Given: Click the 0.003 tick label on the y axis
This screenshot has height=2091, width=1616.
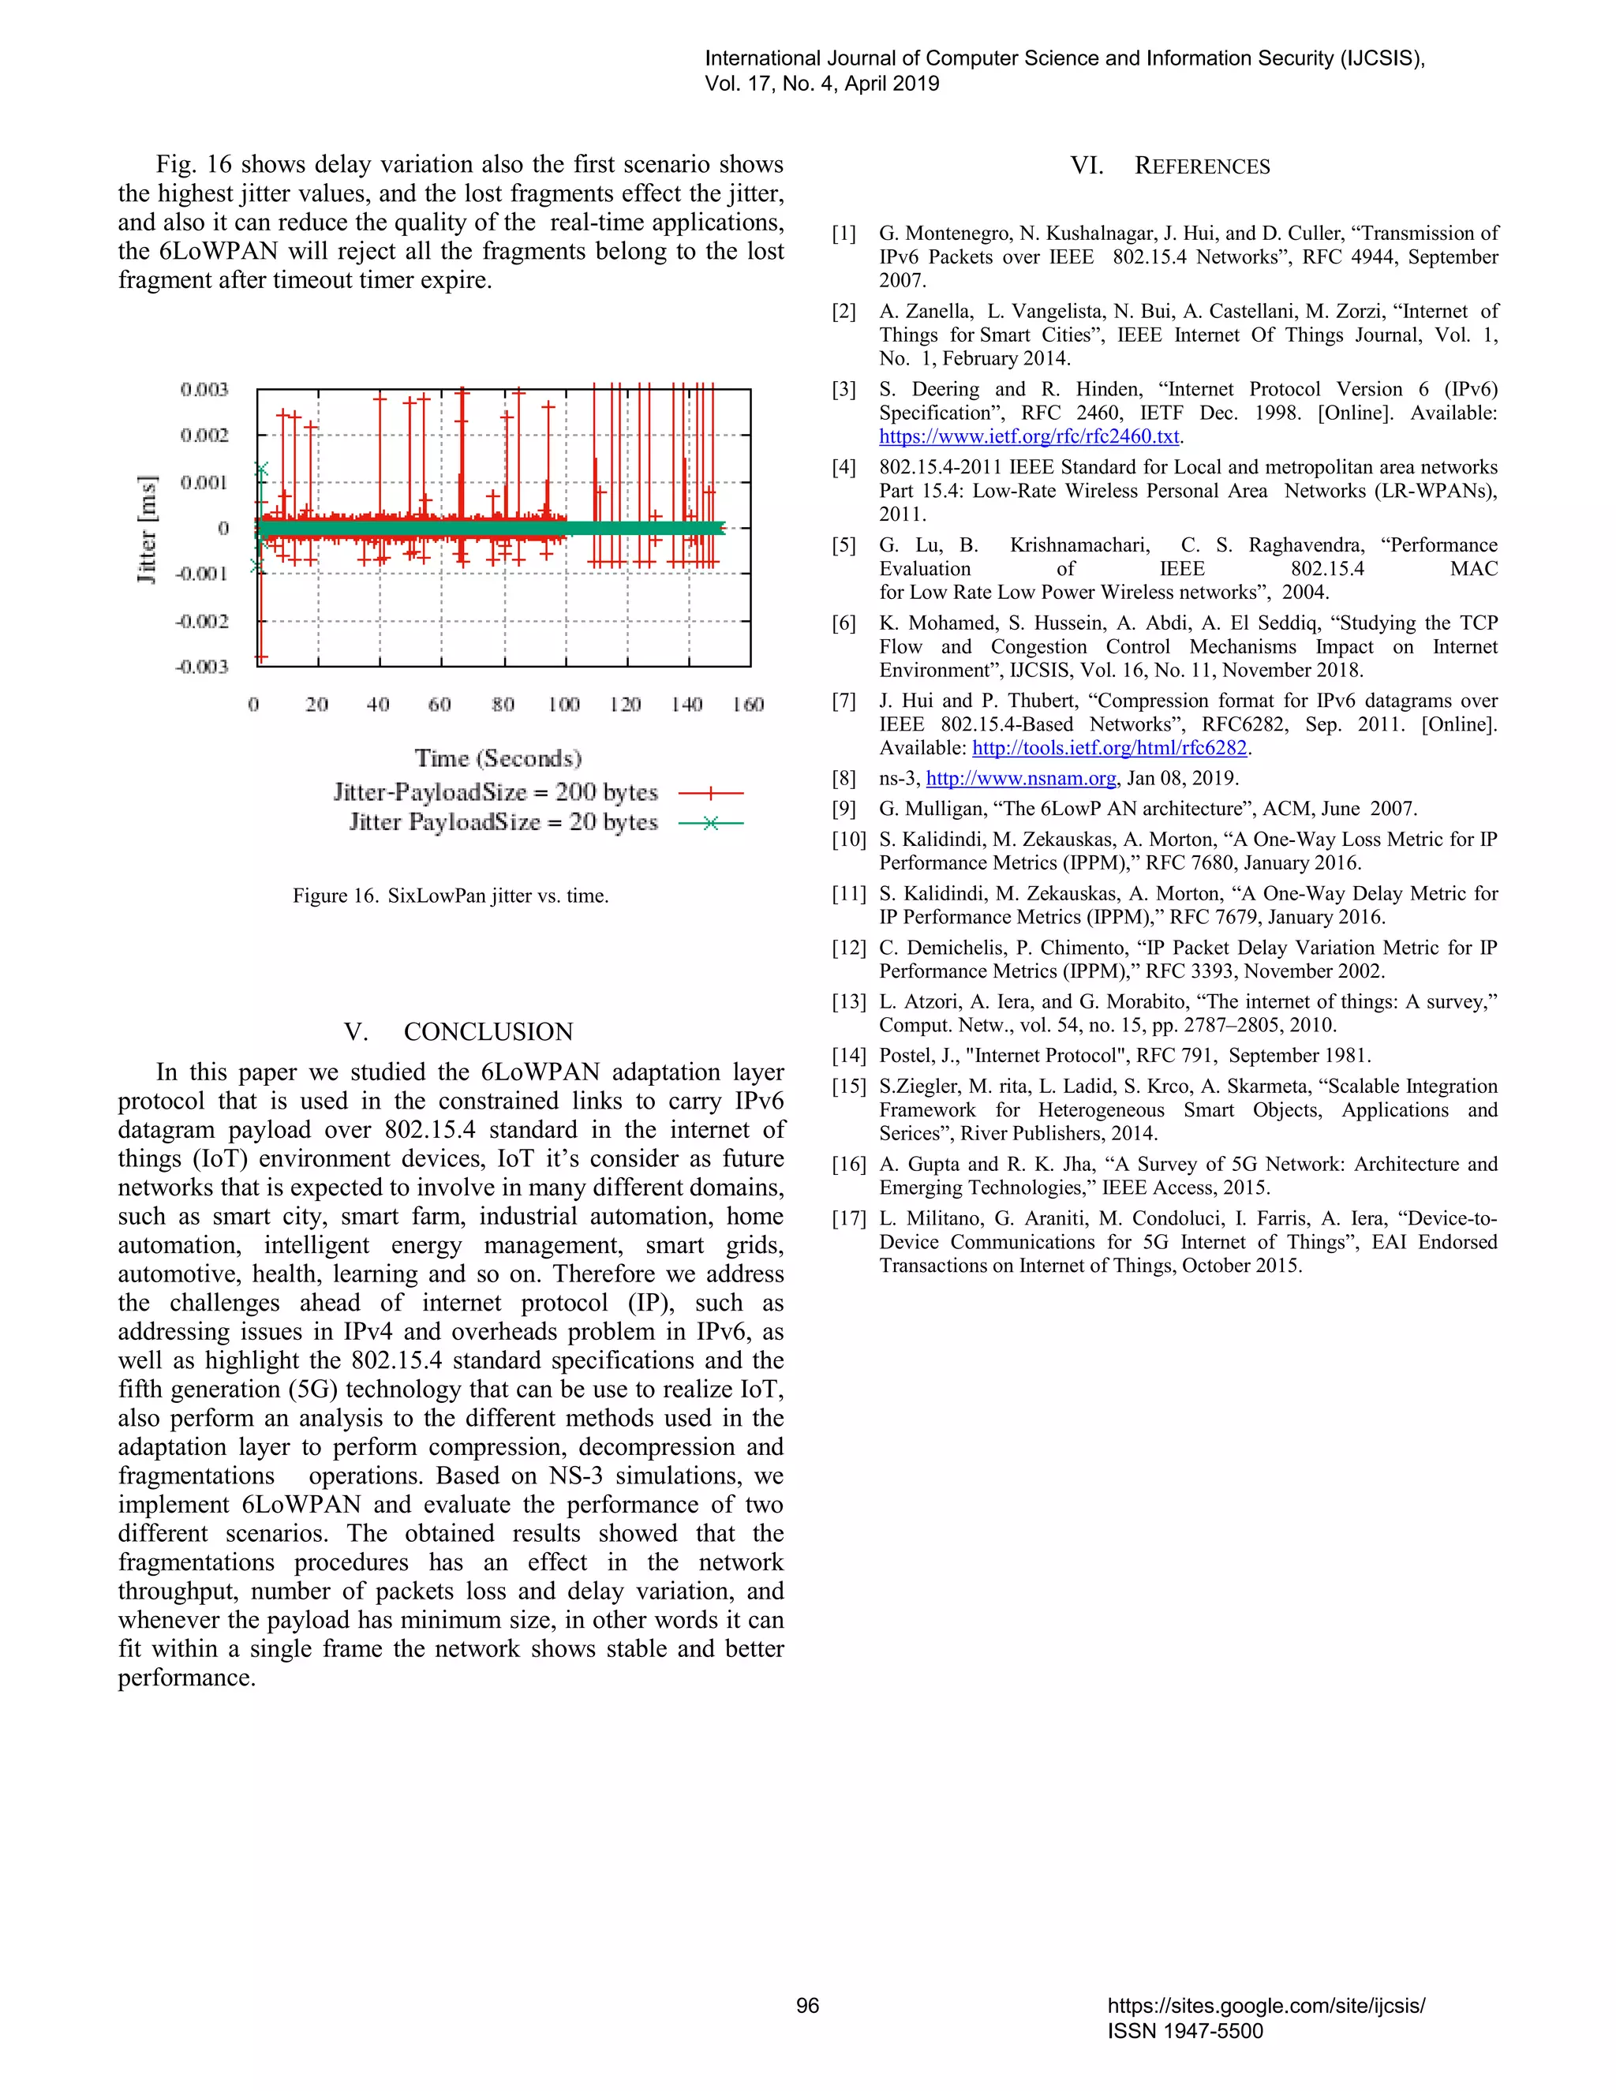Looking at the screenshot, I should [x=204, y=390].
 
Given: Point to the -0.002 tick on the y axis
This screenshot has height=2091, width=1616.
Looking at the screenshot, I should [x=202, y=621].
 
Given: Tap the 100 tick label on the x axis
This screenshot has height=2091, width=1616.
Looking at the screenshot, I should [x=564, y=705].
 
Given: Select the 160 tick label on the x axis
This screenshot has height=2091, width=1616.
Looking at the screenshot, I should [x=748, y=705].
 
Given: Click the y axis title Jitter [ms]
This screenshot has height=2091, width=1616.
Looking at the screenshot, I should [x=147, y=529].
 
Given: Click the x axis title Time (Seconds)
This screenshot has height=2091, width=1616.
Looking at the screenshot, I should [x=498, y=758].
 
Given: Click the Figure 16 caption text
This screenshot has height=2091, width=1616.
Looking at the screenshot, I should [x=451, y=896].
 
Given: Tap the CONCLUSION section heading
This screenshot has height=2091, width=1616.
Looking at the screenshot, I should [x=488, y=1031].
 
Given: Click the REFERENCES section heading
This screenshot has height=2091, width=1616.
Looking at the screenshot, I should [x=1202, y=166].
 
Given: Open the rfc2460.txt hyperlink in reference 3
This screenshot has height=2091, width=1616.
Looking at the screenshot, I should [x=1029, y=436].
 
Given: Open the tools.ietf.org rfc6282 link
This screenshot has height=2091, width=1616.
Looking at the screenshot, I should [x=1109, y=748].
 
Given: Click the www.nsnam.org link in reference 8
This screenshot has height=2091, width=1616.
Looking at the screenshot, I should [x=1020, y=778].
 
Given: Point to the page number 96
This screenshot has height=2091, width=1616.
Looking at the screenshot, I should [x=807, y=2006].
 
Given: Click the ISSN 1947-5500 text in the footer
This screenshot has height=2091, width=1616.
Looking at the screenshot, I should [x=1185, y=2031].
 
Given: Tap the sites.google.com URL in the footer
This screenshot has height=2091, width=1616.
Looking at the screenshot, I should [x=1266, y=2006].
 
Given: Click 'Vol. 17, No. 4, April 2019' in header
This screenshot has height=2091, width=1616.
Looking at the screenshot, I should [x=821, y=84].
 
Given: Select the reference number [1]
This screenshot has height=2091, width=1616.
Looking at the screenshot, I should [x=844, y=234].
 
